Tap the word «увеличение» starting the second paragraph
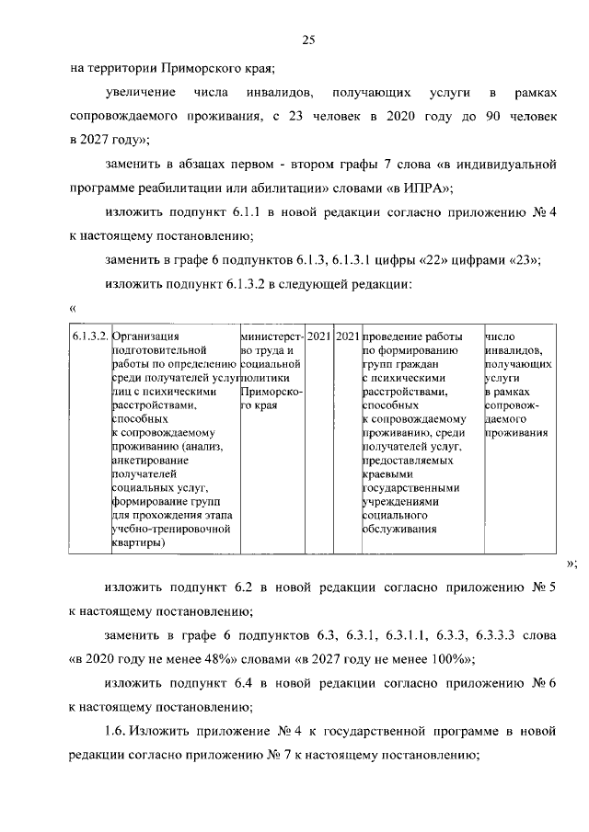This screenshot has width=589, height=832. tap(139, 94)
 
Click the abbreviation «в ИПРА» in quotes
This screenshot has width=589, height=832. tap(422, 188)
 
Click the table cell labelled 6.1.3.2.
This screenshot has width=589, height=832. tap(90, 336)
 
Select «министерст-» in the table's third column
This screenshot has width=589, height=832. tap(270, 336)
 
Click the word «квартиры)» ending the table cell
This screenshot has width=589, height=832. tap(138, 542)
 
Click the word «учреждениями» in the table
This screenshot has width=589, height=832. tap(402, 501)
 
